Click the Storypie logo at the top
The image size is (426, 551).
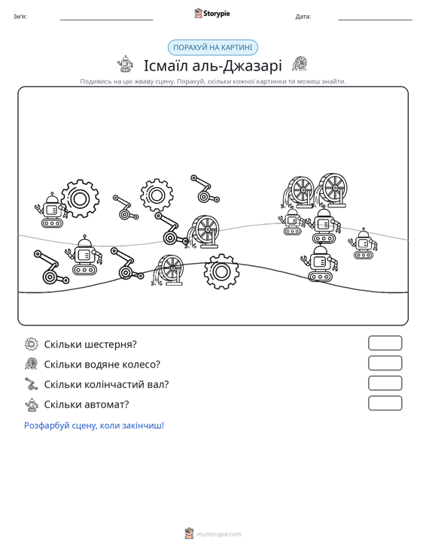[212, 14]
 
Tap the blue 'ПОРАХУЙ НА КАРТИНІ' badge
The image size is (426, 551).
[213, 47]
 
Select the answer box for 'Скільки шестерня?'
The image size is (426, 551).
[385, 343]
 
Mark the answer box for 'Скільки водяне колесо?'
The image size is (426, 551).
[385, 363]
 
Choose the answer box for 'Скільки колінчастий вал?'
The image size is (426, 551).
[385, 383]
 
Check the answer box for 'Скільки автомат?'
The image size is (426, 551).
[385, 403]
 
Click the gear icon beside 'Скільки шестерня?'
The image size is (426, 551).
[32, 344]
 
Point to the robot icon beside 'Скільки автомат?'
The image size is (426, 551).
[32, 404]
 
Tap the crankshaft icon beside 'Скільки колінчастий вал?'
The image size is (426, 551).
[32, 384]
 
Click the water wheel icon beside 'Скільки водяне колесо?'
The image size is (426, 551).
[32, 364]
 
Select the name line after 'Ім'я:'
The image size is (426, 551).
[107, 20]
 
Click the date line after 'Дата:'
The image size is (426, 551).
[375, 20]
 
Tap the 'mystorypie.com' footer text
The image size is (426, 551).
[218, 534]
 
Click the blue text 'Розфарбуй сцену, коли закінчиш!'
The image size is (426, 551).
[94, 425]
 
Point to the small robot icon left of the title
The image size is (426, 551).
[126, 64]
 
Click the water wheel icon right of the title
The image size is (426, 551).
[300, 64]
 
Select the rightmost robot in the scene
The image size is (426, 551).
[363, 243]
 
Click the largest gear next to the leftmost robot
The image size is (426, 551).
[80, 198]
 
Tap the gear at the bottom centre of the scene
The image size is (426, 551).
[221, 271]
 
